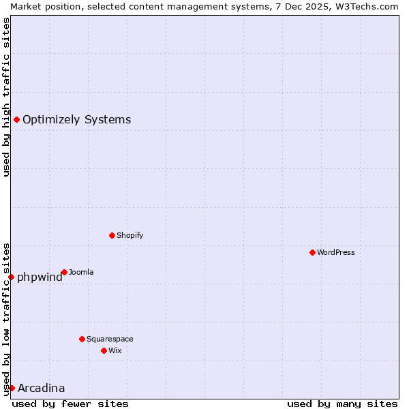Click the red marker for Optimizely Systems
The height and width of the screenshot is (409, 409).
click(16, 120)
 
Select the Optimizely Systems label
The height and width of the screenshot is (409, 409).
click(76, 120)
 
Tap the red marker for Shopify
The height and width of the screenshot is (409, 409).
click(112, 236)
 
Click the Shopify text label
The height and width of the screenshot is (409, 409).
click(130, 236)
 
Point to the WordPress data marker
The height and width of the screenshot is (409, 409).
click(312, 253)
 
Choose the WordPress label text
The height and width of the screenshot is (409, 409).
click(335, 253)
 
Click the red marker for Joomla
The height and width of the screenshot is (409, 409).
click(64, 273)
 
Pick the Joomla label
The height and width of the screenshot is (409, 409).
click(81, 273)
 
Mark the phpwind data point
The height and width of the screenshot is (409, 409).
click(12, 277)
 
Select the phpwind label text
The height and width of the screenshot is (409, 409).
click(40, 277)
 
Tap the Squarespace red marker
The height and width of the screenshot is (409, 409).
click(82, 339)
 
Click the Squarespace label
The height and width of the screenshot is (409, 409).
click(110, 339)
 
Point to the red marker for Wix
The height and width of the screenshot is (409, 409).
click(104, 351)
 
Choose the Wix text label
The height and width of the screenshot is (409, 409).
click(115, 351)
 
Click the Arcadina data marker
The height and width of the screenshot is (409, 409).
click(12, 389)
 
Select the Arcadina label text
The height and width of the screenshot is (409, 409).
click(41, 389)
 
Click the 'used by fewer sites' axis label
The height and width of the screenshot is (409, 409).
click(70, 404)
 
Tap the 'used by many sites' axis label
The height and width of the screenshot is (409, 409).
click(342, 404)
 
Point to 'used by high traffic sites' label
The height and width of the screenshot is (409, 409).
click(6, 97)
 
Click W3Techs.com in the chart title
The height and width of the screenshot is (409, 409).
click(366, 6)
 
